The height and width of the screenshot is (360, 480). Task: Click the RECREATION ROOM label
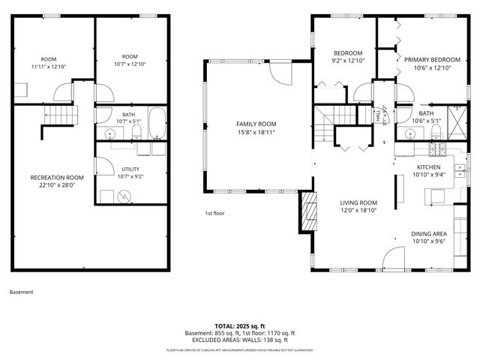coord(57,178)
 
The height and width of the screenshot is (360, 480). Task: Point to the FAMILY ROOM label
coord(256,124)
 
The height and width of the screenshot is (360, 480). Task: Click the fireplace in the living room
coord(307,211)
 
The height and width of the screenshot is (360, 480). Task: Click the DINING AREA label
coord(430,234)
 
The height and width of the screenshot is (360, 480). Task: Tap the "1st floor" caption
coord(216,214)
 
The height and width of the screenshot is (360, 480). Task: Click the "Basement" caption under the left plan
coord(21,292)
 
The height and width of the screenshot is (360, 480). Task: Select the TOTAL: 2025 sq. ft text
coord(240,326)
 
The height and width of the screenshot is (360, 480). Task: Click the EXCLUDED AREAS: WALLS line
coord(240,340)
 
